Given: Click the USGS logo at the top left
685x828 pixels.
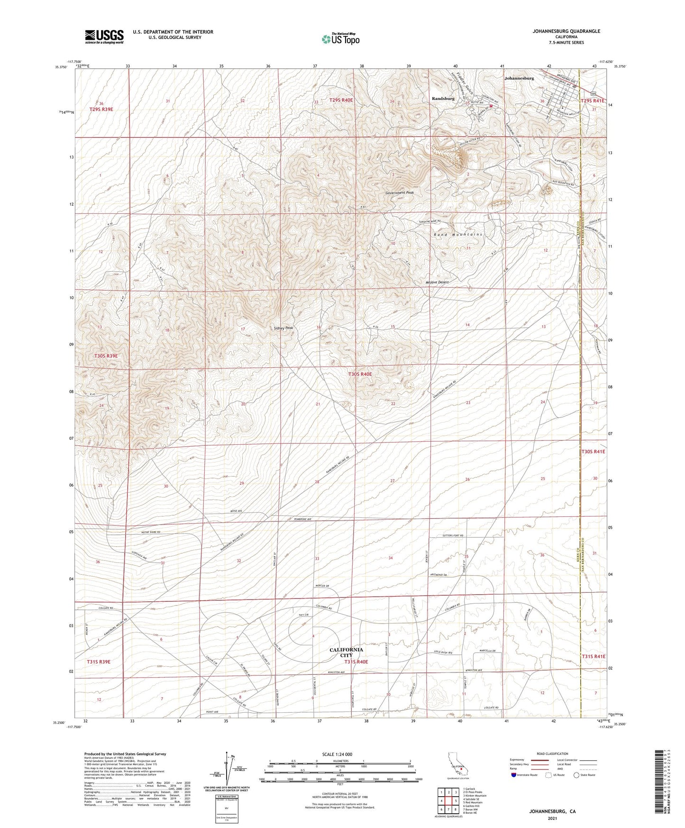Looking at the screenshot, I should pyautogui.click(x=104, y=37).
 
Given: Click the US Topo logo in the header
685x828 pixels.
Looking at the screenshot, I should pyautogui.click(x=340, y=39).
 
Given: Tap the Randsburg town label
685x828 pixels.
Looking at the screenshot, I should pyautogui.click(x=443, y=99).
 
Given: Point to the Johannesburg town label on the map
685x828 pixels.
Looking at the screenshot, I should pyautogui.click(x=519, y=78).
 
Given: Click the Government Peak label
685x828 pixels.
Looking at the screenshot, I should pyautogui.click(x=400, y=193).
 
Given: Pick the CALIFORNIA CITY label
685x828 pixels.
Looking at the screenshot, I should pyautogui.click(x=347, y=653).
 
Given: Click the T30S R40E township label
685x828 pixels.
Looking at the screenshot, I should pyautogui.click(x=360, y=374).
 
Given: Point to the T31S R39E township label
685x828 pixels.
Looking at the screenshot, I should pyautogui.click(x=99, y=662).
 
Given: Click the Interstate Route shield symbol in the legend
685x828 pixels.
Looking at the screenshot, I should pyautogui.click(x=514, y=775).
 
